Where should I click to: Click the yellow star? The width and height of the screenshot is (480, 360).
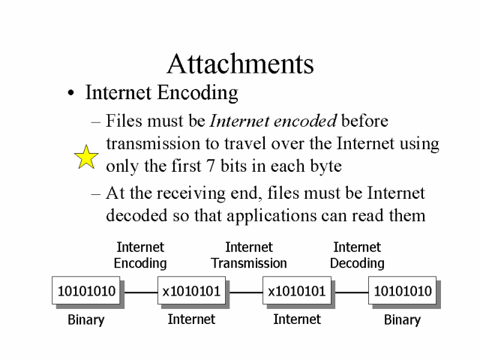pos(87,157)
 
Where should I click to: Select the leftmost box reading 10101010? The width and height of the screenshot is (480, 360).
pos(86,291)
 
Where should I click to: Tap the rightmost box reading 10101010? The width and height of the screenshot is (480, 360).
pos(402,291)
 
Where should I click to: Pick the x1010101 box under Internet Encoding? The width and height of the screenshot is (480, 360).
pos(191,291)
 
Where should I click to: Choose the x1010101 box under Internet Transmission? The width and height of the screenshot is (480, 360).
pos(297,291)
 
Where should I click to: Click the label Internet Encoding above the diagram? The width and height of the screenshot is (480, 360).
pos(140,255)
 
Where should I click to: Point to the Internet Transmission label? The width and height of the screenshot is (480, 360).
pos(249,255)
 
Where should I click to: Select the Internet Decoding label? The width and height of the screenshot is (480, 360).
pos(357,255)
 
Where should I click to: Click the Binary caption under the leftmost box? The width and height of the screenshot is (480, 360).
pos(86,320)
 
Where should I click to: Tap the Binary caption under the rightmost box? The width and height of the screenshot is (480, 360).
pos(402,320)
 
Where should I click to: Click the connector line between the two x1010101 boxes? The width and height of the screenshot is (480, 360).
pos(244,292)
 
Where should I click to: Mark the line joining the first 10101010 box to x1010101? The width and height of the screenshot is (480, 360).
pos(139,292)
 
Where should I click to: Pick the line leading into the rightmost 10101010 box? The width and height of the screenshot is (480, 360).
pos(350,292)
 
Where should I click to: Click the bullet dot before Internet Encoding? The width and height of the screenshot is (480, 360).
pos(70,94)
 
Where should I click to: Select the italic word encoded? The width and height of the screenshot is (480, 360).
pos(309,121)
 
